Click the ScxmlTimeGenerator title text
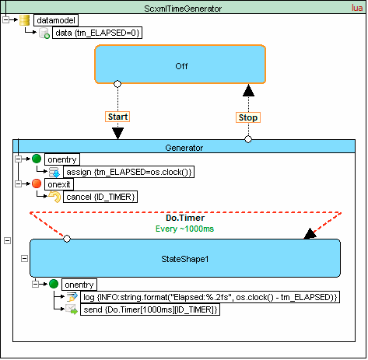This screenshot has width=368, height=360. point(184,7)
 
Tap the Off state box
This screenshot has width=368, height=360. point(180,65)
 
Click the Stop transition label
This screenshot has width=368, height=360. point(248,117)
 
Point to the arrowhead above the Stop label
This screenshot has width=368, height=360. point(248,90)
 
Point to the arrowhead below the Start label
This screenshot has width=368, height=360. point(117,133)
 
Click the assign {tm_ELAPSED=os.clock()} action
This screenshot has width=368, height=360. point(129,173)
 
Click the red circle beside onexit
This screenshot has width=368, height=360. point(36,184)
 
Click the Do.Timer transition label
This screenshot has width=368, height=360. point(185,218)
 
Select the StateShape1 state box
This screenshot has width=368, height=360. point(185,258)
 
